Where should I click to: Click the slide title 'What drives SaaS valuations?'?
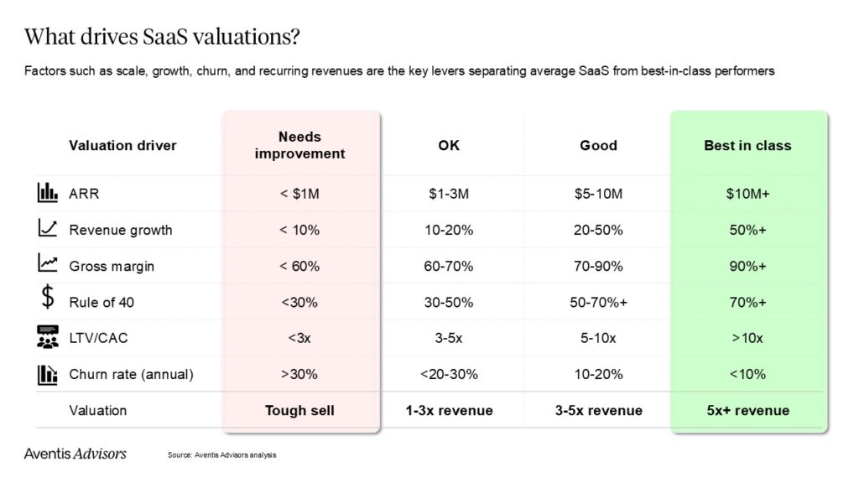pyautogui.click(x=163, y=38)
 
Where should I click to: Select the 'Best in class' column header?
pyautogui.click(x=747, y=145)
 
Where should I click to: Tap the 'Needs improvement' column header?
pyautogui.click(x=300, y=145)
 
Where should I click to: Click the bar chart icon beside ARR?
pyautogui.click(x=47, y=193)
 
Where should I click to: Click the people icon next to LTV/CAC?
pyautogui.click(x=47, y=338)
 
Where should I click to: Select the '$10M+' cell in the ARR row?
pyautogui.click(x=747, y=194)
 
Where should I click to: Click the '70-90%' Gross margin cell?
pyautogui.click(x=598, y=266)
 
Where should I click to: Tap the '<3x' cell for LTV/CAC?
pyautogui.click(x=300, y=338)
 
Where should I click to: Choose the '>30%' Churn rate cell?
pyautogui.click(x=300, y=374)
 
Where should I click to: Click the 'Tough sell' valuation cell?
pyautogui.click(x=300, y=410)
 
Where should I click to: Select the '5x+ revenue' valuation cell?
pyautogui.click(x=747, y=410)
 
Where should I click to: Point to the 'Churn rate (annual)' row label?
pyautogui.click(x=130, y=374)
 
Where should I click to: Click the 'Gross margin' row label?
pyautogui.click(x=112, y=266)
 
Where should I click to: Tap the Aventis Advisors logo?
pyautogui.click(x=75, y=454)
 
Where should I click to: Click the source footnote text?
pyautogui.click(x=221, y=455)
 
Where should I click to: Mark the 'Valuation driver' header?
pyautogui.click(x=122, y=145)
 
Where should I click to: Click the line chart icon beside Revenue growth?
pyautogui.click(x=47, y=229)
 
